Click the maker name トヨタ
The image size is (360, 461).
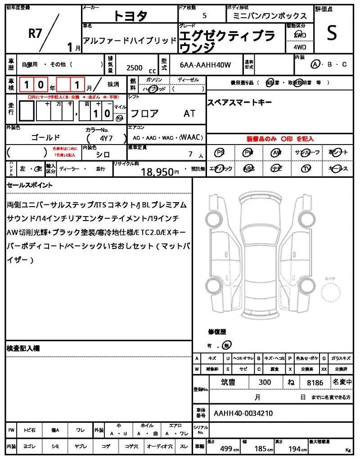tap(130, 16)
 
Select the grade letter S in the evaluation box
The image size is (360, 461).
tap(332, 33)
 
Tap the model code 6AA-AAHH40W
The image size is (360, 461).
tap(205, 65)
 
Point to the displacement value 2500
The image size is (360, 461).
tap(134, 68)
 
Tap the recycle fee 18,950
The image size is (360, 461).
tap(157, 172)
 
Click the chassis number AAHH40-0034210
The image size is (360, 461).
tap(243, 413)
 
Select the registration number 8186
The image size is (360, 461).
tap(315, 383)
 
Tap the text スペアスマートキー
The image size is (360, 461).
tap(239, 103)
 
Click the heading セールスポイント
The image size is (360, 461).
tap(29, 185)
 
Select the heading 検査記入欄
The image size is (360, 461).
tap(23, 348)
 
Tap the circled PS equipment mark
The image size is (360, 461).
tap(220, 153)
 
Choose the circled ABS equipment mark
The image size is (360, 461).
tap(248, 169)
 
